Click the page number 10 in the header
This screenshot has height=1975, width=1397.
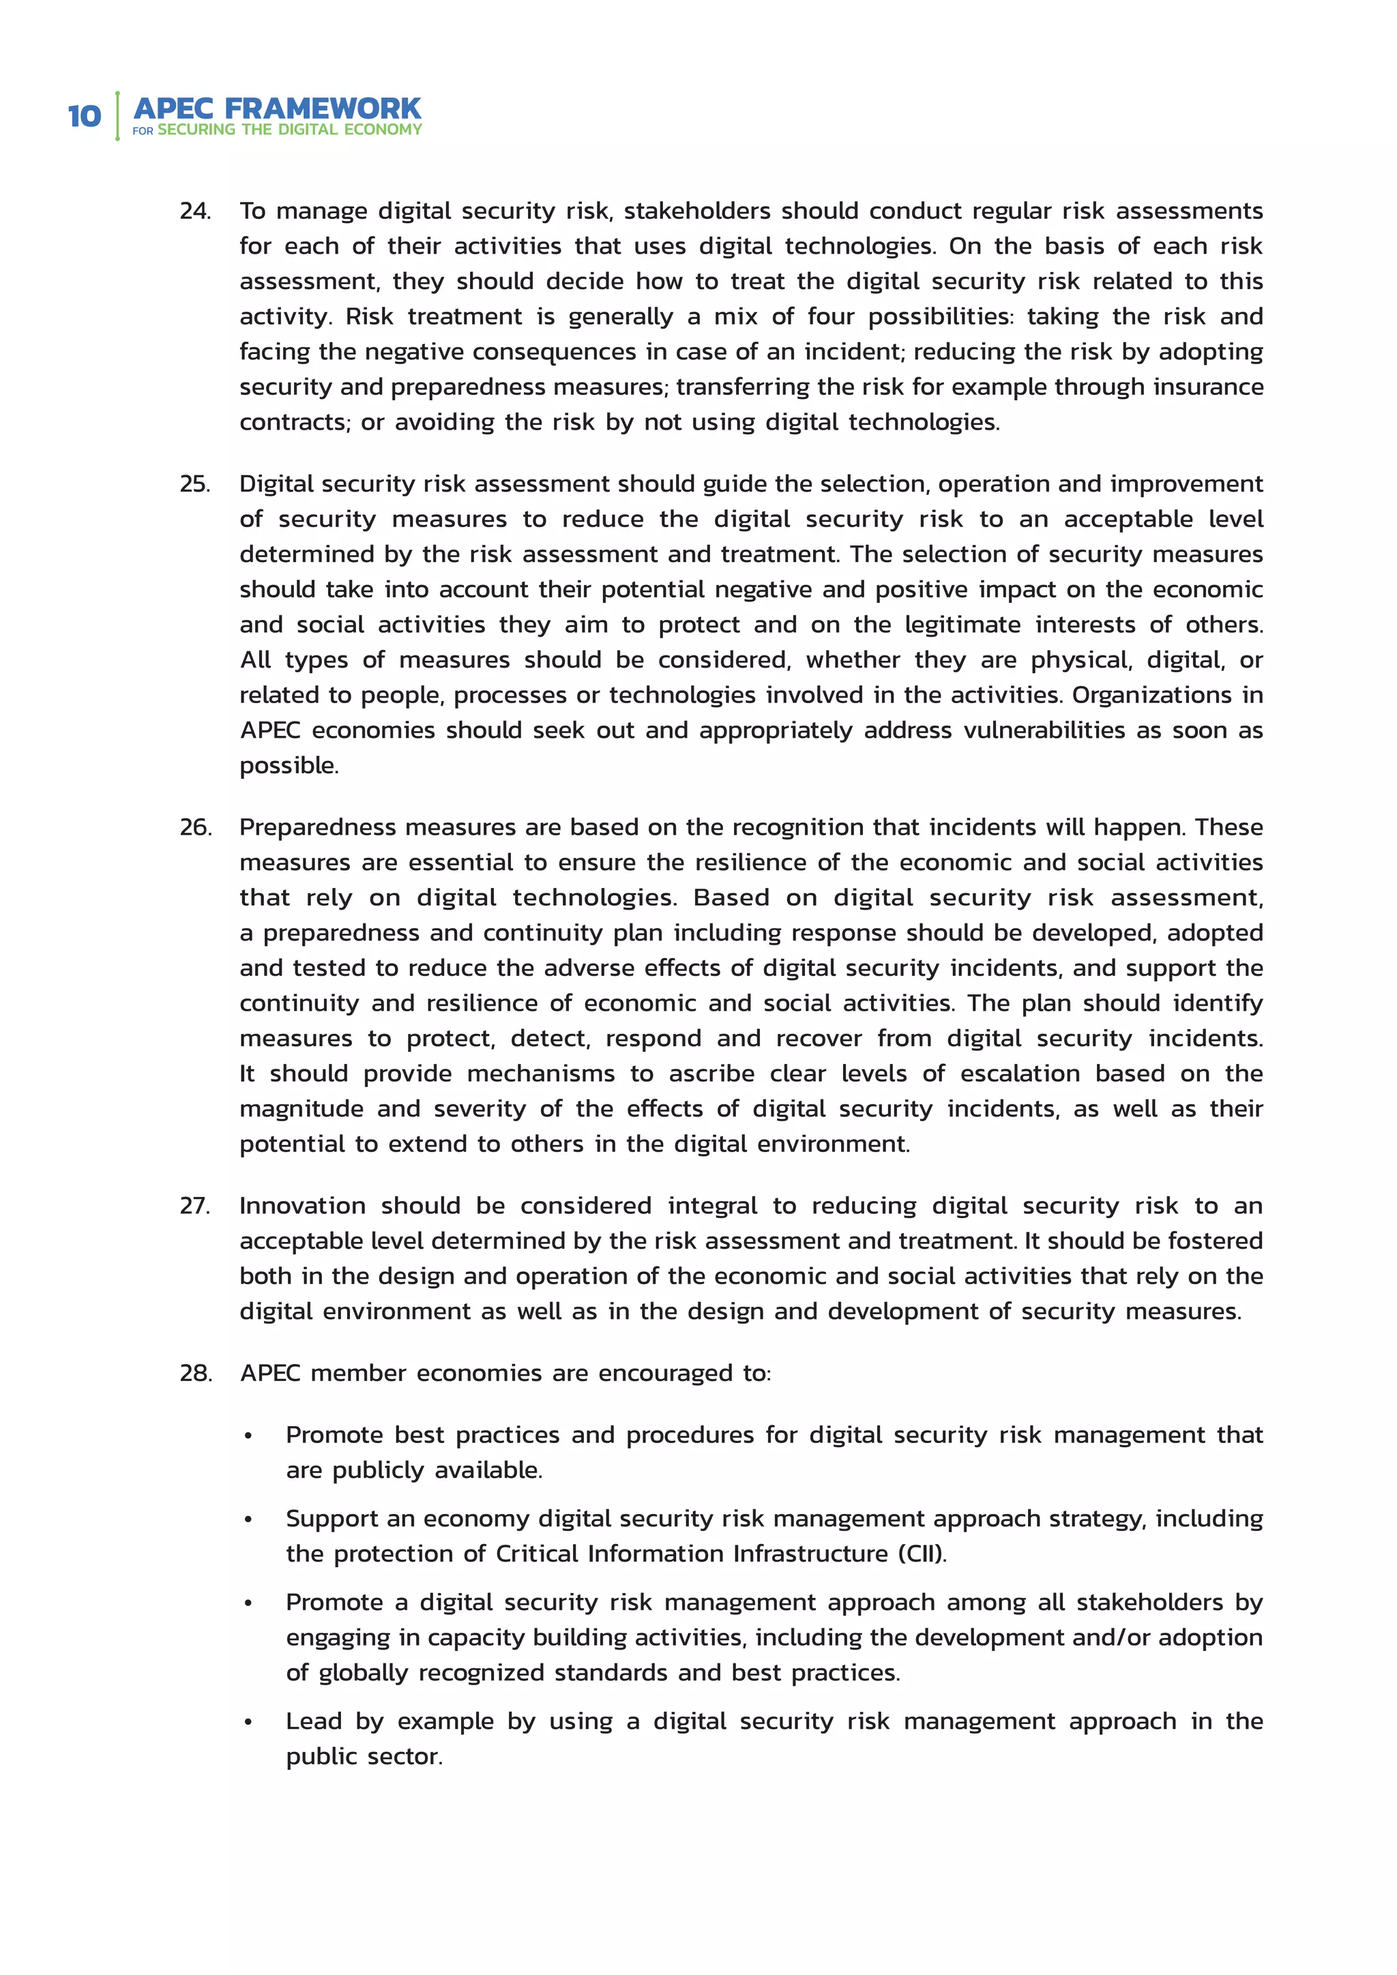click(85, 116)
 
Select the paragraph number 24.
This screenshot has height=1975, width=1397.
click(195, 211)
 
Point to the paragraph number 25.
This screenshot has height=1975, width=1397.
click(195, 484)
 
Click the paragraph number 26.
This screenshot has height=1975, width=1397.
click(195, 827)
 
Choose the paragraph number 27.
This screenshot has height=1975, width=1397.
click(195, 1206)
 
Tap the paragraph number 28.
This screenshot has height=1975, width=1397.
click(195, 1373)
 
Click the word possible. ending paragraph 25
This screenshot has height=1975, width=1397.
click(289, 766)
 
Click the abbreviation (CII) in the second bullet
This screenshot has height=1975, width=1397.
click(922, 1554)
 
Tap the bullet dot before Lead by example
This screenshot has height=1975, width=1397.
click(248, 1723)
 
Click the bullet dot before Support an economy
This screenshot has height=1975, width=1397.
click(248, 1521)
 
